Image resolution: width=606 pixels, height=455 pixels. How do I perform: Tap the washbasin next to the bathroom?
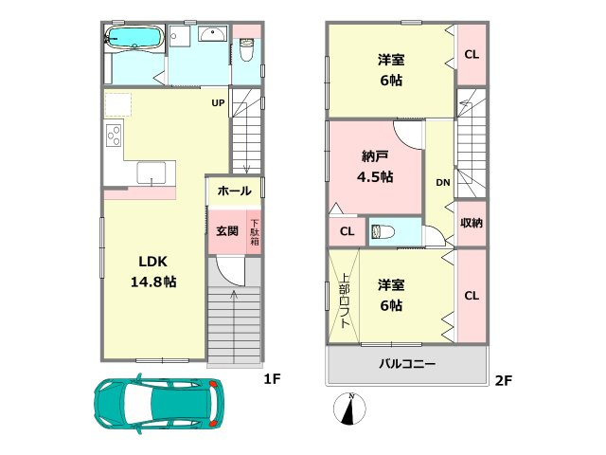pos(211,36)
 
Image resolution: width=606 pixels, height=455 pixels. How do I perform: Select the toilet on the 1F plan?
pos(247,47)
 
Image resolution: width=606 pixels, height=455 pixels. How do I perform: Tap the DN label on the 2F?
pos(441,183)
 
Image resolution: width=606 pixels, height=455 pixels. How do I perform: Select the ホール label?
pos(234,191)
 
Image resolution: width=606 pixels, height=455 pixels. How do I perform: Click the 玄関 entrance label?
pos(226,230)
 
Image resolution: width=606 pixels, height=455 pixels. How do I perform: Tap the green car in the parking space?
pos(159,403)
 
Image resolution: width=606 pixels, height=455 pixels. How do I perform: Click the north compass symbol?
pos(351,409)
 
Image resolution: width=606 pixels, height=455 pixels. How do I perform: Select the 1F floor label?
pos(272,379)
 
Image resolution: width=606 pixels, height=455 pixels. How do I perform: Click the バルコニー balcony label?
pos(407,364)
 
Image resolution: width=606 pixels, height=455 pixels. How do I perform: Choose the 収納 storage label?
pos(472,223)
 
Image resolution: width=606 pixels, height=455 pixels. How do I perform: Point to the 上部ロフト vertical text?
pos(345,301)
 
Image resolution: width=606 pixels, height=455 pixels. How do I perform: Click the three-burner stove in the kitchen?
pos(114,137)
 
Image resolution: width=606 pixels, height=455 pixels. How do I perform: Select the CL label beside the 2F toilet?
pos(347,231)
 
